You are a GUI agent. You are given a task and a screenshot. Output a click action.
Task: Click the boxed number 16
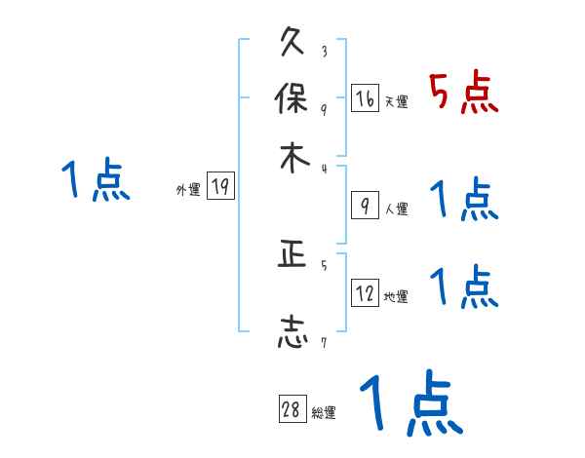coord(364,98)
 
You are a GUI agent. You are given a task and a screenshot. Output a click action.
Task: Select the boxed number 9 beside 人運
coord(364,206)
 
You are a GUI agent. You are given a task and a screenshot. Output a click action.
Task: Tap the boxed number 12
coord(365,293)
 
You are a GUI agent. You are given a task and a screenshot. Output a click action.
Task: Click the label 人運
coord(396,209)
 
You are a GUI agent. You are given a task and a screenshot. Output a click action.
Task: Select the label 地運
coord(396,297)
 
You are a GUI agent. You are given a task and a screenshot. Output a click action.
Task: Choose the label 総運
coord(324,413)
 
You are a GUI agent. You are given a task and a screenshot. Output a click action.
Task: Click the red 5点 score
coord(464,94)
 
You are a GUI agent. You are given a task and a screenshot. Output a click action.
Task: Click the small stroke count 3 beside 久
coord(324,52)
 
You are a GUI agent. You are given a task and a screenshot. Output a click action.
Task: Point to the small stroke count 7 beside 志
coord(324,342)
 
